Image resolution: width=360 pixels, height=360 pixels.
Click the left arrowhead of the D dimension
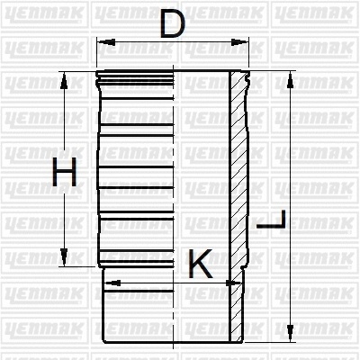102,42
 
